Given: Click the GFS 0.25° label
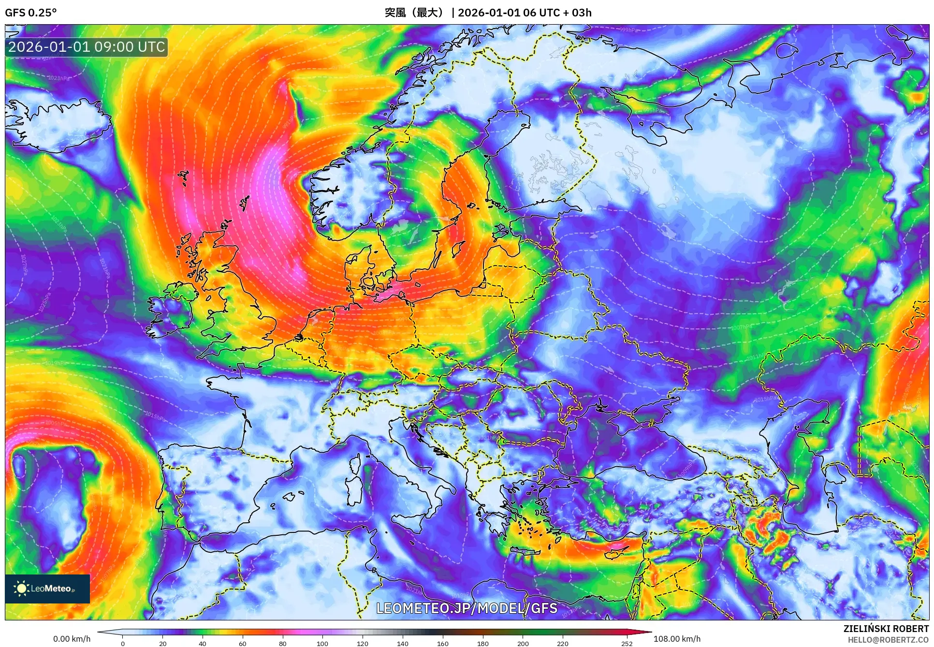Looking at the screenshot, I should tap(30, 13).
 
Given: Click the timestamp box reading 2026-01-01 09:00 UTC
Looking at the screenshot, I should tap(87, 47).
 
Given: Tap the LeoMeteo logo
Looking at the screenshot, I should tap(47, 588).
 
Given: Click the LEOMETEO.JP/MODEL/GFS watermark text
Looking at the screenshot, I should tap(467, 608).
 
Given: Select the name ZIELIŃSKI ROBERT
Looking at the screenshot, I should tap(886, 629).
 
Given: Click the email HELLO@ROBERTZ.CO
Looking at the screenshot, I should tap(888, 640).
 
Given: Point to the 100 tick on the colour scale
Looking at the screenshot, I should tap(322, 643).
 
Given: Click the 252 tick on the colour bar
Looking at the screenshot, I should tap(627, 643).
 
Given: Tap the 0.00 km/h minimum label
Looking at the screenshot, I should tap(72, 639).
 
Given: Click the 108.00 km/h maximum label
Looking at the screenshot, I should tap(677, 639).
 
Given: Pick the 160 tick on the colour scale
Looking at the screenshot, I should tap(442, 643).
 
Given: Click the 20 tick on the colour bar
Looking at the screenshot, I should tap(163, 643).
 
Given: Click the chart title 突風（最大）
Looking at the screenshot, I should tap(414, 13).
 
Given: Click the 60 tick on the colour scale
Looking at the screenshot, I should tap(243, 643).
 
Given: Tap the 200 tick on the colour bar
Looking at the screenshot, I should tap(523, 643).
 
